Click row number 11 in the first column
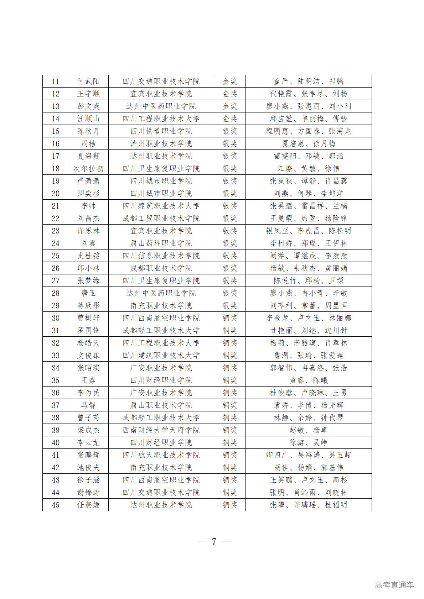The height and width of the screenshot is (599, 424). pyautogui.click(x=56, y=82)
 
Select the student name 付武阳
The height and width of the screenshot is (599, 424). pyautogui.click(x=88, y=82)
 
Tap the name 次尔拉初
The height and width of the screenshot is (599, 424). pyautogui.click(x=88, y=169)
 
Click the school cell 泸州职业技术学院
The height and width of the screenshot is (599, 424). pyautogui.click(x=161, y=144)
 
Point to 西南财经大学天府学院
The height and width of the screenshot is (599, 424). pyautogui.click(x=161, y=430)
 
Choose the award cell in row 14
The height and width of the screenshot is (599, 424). pyautogui.click(x=230, y=119)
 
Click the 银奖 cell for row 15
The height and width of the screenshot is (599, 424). pyautogui.click(x=230, y=131)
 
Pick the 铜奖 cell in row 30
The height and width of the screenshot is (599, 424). pyautogui.click(x=230, y=318)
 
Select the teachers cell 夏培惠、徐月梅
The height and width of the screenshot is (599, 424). pyautogui.click(x=309, y=144)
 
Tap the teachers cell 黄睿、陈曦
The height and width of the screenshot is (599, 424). pyautogui.click(x=309, y=380)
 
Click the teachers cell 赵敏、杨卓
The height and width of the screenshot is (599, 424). pyautogui.click(x=309, y=430)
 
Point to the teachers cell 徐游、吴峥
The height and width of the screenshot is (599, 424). pyautogui.click(x=309, y=443)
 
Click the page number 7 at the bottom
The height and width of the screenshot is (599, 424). pyautogui.click(x=214, y=541)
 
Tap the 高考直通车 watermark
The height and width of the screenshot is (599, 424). pyautogui.click(x=394, y=585)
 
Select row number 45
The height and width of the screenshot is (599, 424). pyautogui.click(x=56, y=505)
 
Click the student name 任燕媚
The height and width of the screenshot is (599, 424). pyautogui.click(x=88, y=505)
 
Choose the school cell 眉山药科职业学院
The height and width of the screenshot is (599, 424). pyautogui.click(x=161, y=243)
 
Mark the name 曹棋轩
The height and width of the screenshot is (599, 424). pyautogui.click(x=88, y=318)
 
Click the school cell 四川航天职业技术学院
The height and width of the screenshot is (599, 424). pyautogui.click(x=161, y=455)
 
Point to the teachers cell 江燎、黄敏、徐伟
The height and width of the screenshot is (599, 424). pyautogui.click(x=309, y=169)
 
